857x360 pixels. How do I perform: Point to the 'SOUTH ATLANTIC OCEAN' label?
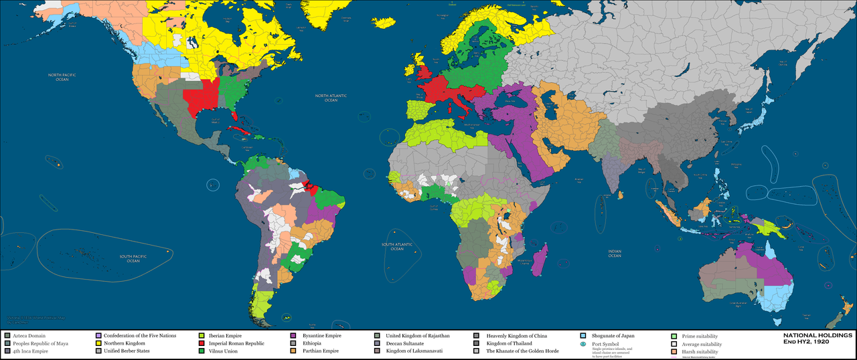point(394,247)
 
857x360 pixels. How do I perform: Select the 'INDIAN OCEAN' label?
point(615,253)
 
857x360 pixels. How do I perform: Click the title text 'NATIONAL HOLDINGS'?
point(818,335)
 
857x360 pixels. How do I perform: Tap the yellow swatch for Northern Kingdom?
point(98,343)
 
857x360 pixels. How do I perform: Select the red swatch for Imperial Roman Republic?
point(202,343)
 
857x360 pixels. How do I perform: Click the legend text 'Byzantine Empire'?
point(321,335)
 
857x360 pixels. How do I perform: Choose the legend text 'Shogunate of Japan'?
point(613,335)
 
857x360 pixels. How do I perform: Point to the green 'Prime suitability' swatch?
point(674,335)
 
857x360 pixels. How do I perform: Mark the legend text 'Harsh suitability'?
point(700,351)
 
